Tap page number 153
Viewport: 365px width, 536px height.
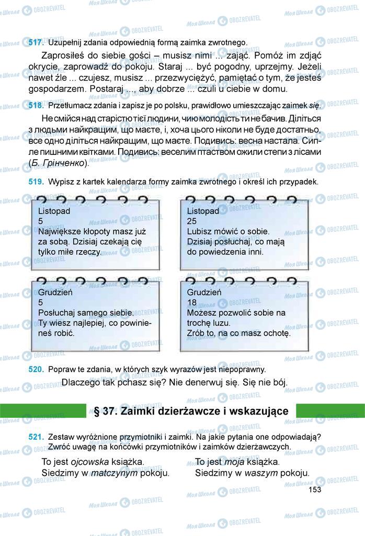coord(315,490)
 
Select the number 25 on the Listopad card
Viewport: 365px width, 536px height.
coord(192,221)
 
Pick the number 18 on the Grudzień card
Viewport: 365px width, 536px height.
coord(192,303)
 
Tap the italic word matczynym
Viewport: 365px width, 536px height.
coord(113,473)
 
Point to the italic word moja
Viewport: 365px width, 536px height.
coord(234,462)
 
